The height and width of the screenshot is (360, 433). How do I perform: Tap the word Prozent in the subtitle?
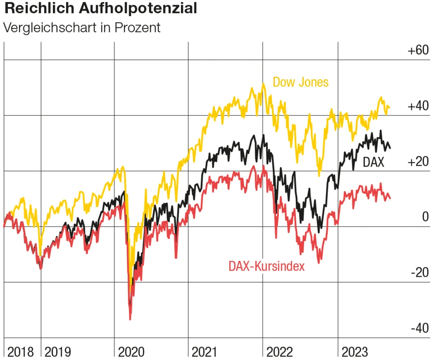click(137, 28)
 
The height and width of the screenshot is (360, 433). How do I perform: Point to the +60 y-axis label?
click(417, 50)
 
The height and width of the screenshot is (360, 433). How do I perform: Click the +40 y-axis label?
click(417, 106)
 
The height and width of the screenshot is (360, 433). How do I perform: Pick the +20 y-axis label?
click(417, 162)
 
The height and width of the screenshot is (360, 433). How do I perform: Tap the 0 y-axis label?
click(425, 217)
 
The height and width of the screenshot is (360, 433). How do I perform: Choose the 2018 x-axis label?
click(20, 351)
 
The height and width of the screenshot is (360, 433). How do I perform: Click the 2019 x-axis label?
click(58, 351)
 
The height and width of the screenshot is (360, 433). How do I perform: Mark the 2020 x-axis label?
click(132, 351)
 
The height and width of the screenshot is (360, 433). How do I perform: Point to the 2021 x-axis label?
click(206, 351)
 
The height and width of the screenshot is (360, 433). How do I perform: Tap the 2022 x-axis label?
click(280, 351)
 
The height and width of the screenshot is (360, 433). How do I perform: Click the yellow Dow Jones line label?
click(301, 82)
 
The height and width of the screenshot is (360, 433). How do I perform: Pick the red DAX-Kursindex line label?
click(266, 266)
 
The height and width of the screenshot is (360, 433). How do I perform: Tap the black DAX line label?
click(373, 162)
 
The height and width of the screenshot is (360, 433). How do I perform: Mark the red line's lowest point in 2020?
click(130, 319)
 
